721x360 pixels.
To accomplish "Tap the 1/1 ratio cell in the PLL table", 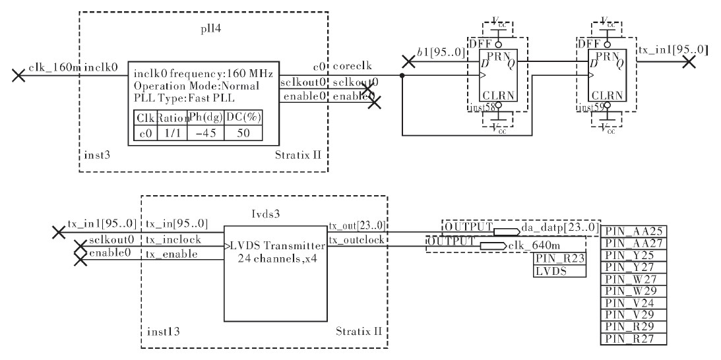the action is [172, 133].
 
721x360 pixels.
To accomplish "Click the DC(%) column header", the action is [243, 118].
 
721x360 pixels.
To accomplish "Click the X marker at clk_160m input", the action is [18, 75].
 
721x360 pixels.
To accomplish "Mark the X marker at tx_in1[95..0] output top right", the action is [689, 61].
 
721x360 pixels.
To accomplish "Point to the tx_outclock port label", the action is [356, 240].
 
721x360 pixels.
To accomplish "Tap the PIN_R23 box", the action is [560, 259].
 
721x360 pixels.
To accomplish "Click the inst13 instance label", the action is [163, 332].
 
